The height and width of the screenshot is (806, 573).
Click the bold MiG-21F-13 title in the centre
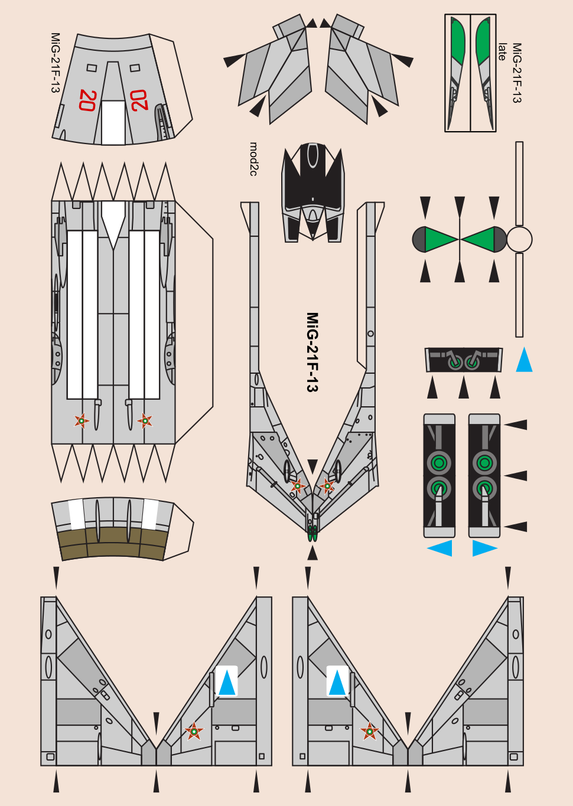click(312, 352)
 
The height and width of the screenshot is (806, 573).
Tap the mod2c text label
click(253, 159)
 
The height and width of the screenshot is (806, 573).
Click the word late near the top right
click(502, 52)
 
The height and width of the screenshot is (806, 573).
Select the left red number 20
click(87, 100)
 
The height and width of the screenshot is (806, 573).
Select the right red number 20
click(139, 100)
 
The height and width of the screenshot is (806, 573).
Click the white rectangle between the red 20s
click(113, 122)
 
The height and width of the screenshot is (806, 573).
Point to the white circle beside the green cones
click(519, 240)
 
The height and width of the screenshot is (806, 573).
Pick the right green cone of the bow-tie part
click(478, 240)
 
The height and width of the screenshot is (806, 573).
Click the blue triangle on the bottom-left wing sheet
click(227, 683)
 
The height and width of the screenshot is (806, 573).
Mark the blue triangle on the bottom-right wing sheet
click(337, 683)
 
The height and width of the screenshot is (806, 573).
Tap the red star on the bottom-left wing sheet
click(194, 731)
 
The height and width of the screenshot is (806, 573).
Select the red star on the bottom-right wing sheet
click(370, 731)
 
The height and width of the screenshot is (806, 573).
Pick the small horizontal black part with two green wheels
click(464, 360)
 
